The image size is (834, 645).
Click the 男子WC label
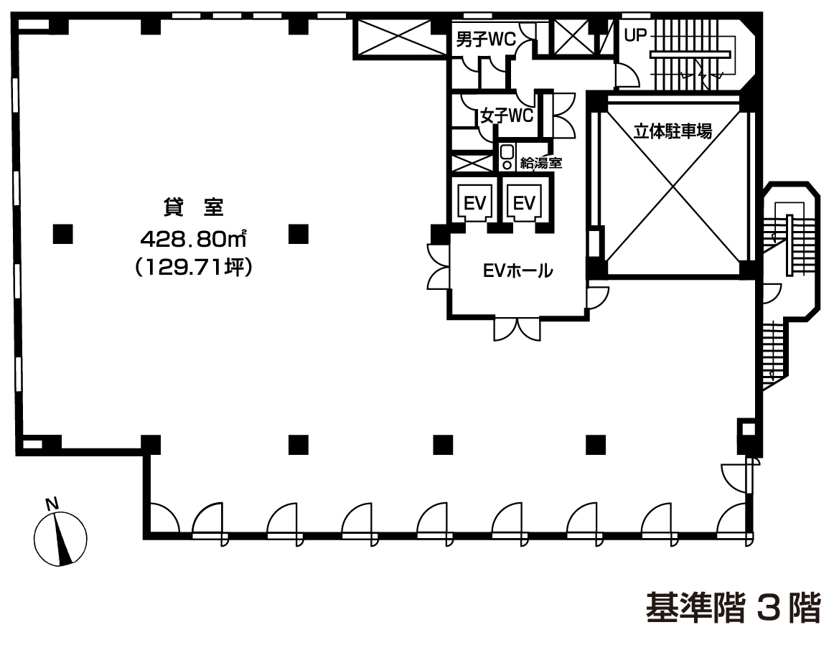pos(486,39)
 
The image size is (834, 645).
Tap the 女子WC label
pos(506,115)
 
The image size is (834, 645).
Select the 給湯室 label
pos(541,162)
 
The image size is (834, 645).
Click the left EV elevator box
pos(475,202)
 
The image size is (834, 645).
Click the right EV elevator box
pos(524,202)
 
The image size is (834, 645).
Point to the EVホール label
pos(517,271)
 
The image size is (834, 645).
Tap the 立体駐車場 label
pos(673,131)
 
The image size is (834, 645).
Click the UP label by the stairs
pos(635,36)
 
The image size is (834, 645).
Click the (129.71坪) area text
pos(194,267)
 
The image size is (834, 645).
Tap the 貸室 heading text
pos(193,207)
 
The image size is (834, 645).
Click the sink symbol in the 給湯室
pos(507,158)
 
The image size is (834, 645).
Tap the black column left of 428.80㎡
pos(62,234)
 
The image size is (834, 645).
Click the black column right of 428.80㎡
pos(299,234)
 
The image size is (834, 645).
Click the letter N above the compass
pos(52,504)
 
